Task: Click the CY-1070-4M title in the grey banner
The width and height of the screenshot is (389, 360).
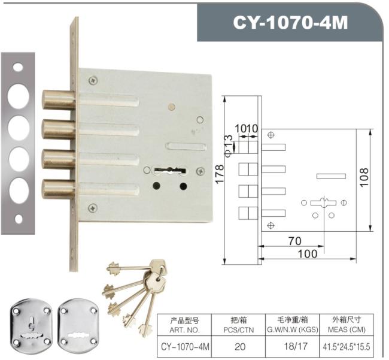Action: coord(290,22)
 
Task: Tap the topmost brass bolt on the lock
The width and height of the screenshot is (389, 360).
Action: coord(58,100)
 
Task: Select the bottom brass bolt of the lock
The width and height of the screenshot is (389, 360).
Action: coord(58,189)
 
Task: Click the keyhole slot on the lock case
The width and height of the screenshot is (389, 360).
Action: coord(170,170)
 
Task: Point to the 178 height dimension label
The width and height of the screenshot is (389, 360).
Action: coord(220,174)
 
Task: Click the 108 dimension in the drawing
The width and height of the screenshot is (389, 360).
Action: coord(364,177)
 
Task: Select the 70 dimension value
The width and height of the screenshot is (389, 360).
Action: coord(295,241)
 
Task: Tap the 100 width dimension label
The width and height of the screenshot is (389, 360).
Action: coord(308,254)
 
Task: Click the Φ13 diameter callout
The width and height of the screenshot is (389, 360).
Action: coord(229,146)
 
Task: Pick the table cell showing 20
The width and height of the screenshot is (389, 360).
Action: coord(240,347)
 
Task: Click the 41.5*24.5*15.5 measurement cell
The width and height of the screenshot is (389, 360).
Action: coord(347,347)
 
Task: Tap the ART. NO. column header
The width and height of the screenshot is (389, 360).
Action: coord(184,330)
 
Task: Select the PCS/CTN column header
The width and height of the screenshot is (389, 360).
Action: coord(239,330)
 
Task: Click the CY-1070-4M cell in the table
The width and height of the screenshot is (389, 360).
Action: coord(185,347)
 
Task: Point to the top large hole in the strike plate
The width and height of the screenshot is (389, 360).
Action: coord(18,96)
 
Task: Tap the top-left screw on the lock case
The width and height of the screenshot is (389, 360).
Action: coord(93,80)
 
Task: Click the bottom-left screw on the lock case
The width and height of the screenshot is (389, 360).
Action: coord(93,208)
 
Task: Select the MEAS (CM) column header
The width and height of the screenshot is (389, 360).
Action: coord(347,329)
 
